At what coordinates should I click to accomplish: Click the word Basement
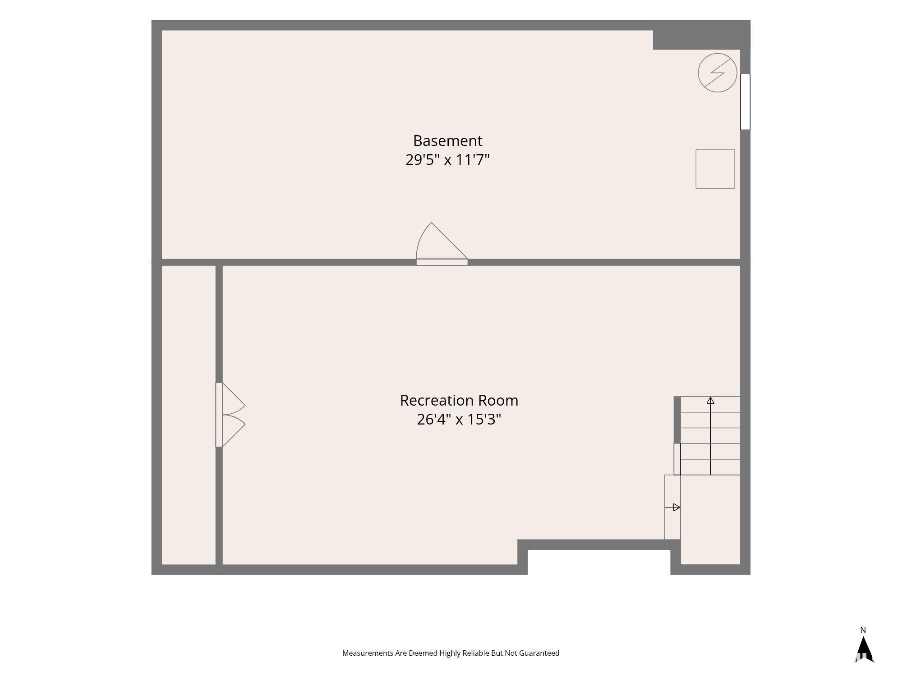click(x=447, y=141)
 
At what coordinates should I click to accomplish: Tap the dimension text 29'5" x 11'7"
click(x=447, y=160)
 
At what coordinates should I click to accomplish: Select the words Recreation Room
click(x=459, y=401)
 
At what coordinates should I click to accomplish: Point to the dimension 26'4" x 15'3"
click(x=459, y=420)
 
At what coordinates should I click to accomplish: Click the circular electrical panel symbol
click(x=717, y=73)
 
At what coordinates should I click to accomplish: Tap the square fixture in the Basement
click(x=715, y=169)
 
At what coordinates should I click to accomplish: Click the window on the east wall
click(x=745, y=102)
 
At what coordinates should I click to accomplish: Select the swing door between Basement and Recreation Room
click(x=442, y=244)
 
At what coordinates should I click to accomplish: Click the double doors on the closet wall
click(x=230, y=415)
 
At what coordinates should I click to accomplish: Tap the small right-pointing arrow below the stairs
click(x=672, y=507)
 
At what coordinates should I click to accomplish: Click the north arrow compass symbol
click(x=863, y=649)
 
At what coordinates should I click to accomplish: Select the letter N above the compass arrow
click(x=863, y=630)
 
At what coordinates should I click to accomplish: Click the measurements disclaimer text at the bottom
click(x=451, y=653)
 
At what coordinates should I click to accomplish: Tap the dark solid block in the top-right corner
click(x=701, y=35)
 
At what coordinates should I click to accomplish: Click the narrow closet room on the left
click(x=189, y=415)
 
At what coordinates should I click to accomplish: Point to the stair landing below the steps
click(x=710, y=520)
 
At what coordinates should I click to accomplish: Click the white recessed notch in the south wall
click(x=599, y=562)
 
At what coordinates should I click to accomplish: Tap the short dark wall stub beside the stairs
click(x=677, y=420)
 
